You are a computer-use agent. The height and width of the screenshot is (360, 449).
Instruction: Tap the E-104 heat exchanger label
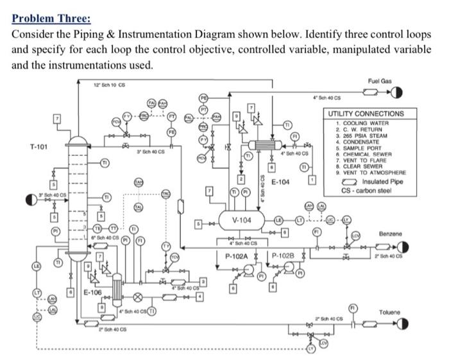click(280, 182)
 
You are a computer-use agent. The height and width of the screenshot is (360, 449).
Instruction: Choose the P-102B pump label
click(282, 255)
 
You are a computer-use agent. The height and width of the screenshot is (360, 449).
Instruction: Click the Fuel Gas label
click(380, 81)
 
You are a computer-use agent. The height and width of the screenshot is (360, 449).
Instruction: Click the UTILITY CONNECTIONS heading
click(366, 114)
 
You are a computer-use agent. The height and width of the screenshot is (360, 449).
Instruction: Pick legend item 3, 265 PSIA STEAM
click(368, 136)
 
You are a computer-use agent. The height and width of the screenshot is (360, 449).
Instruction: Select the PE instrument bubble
click(205, 98)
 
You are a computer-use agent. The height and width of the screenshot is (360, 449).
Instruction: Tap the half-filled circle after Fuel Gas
click(397, 94)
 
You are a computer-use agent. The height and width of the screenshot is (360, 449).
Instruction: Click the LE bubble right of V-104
click(280, 220)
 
